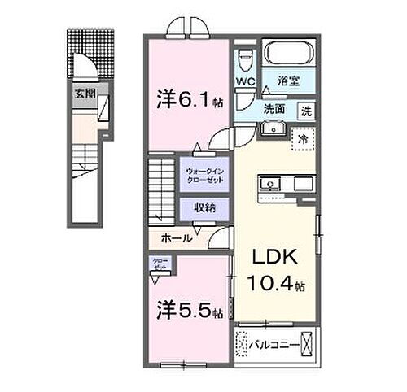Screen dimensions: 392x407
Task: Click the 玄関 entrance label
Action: click(85, 93)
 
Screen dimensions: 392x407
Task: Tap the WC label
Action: click(247, 82)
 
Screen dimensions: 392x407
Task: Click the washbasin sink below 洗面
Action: click(270, 128)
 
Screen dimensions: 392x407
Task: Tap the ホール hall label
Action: click(176, 238)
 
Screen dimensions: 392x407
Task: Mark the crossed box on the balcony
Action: click(306, 346)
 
